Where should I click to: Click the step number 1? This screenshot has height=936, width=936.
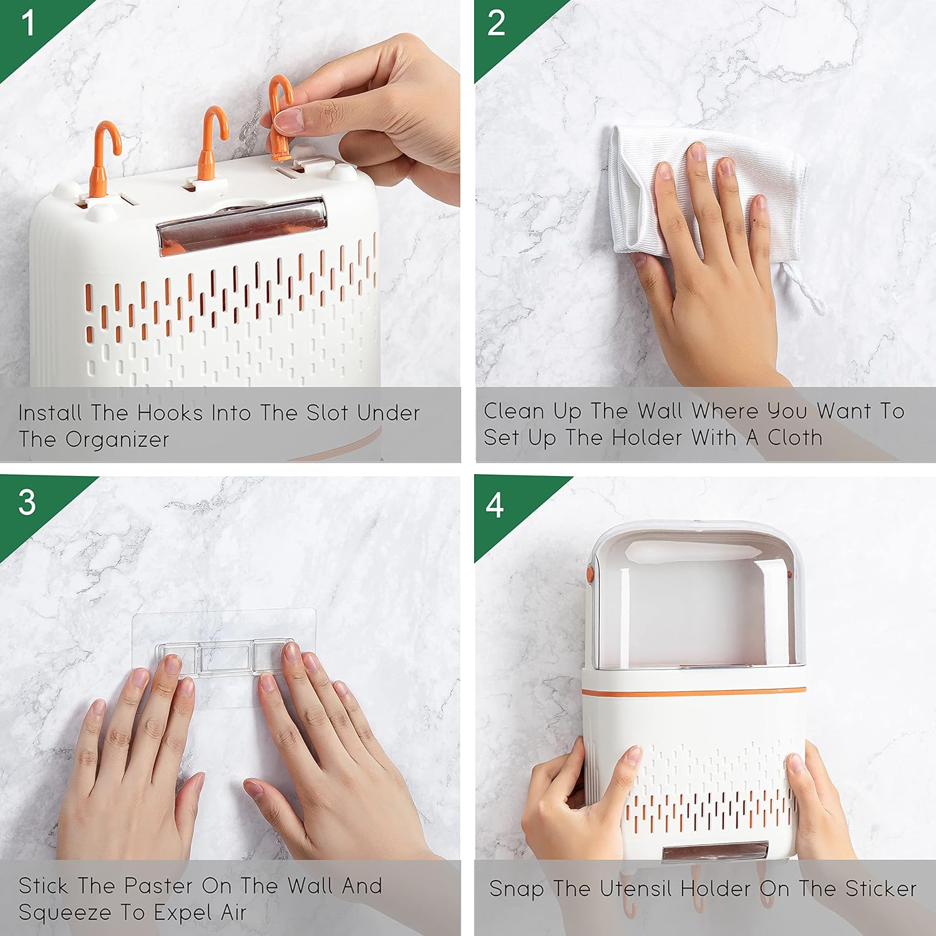[x=28, y=23]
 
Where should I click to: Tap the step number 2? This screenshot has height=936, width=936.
[x=496, y=23]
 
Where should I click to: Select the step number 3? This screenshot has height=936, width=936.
[x=27, y=502]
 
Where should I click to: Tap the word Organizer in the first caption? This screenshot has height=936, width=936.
[x=117, y=440]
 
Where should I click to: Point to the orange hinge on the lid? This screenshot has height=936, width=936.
[x=590, y=573]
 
